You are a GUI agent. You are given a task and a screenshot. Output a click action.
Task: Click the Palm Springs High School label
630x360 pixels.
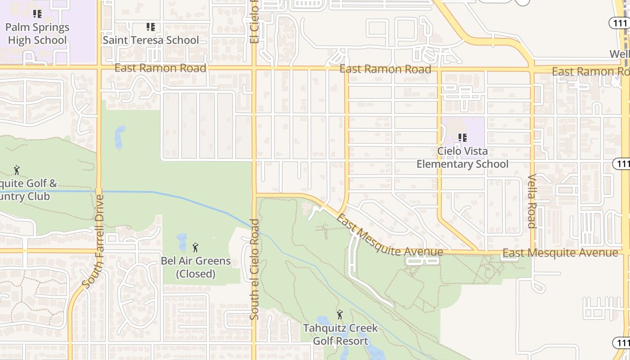click(x=37, y=34)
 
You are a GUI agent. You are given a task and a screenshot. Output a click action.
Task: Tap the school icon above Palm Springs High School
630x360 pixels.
click(x=37, y=14)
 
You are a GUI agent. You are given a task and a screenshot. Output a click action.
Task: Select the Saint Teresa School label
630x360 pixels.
click(x=151, y=40)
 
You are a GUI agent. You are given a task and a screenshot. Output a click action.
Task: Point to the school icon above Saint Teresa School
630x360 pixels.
click(x=151, y=27)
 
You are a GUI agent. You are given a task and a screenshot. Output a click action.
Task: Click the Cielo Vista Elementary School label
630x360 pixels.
click(x=463, y=157)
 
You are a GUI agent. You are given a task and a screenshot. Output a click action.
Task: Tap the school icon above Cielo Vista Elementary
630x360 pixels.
click(x=462, y=138)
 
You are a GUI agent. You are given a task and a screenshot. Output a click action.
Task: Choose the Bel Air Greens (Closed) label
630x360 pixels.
click(x=196, y=267)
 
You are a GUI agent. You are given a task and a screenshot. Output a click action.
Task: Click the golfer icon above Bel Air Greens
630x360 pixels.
click(x=195, y=247)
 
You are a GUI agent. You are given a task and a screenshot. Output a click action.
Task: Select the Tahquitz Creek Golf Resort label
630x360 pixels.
click(x=341, y=334)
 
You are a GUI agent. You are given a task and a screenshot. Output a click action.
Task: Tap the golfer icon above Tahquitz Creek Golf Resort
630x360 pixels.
click(x=340, y=315)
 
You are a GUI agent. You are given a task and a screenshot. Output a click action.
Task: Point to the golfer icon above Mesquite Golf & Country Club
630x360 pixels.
click(x=17, y=170)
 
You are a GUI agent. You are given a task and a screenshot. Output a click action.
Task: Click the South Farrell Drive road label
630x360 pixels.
click(x=94, y=241)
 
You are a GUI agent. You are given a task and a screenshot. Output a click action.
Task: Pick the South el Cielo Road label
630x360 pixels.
click(x=255, y=269)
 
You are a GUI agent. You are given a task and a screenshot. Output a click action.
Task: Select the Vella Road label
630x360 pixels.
click(x=532, y=201)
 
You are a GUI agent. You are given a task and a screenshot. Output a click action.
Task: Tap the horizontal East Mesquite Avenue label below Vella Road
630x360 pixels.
click(x=560, y=253)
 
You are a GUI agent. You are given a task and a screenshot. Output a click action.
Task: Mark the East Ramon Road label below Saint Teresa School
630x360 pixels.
click(x=160, y=68)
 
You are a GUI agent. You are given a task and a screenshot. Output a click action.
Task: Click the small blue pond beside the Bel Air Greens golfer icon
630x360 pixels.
click(x=182, y=242)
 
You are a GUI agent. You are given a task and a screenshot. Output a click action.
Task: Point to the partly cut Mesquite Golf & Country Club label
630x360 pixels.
click(x=27, y=190)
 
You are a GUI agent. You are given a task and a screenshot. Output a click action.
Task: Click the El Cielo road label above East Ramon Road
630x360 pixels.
click(x=255, y=22)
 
